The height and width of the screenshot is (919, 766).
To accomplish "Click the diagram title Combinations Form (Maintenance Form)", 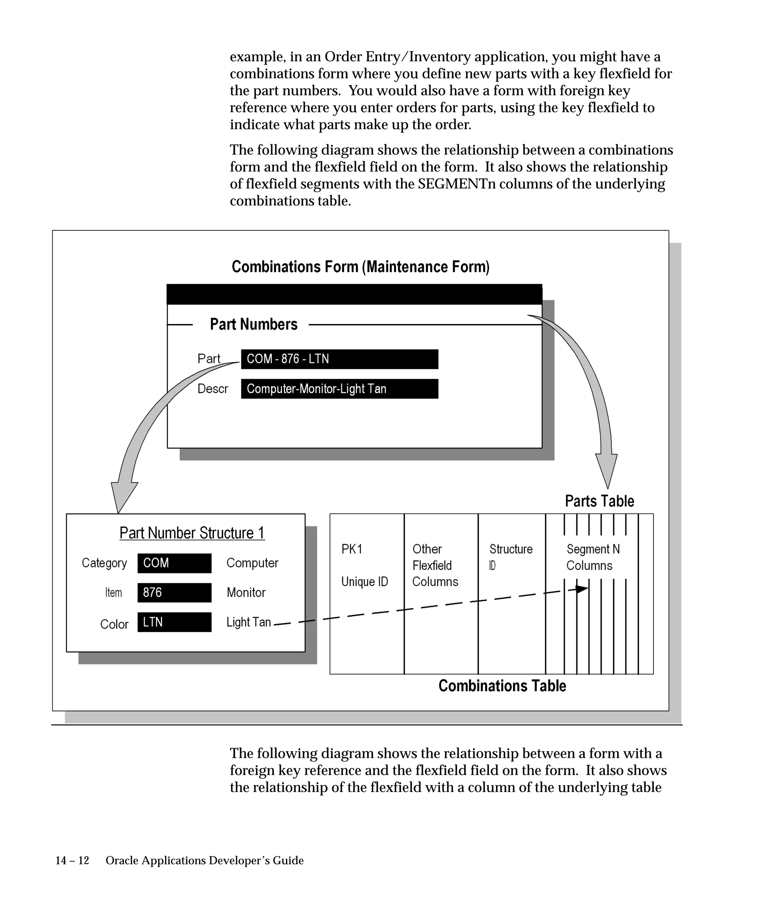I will pyautogui.click(x=360, y=267).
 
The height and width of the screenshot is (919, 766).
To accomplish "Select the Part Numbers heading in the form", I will pyautogui.click(x=254, y=324).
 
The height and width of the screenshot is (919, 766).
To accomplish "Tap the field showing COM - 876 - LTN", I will pyautogui.click(x=339, y=359).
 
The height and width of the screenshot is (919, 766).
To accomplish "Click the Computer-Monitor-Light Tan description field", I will pyautogui.click(x=339, y=388).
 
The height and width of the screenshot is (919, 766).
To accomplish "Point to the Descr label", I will pyautogui.click(x=213, y=388).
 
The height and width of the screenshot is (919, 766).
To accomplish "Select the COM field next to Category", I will pyautogui.click(x=174, y=563).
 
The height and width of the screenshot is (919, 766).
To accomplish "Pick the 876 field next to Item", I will pyautogui.click(x=174, y=592).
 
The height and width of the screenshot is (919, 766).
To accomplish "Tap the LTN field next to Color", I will pyautogui.click(x=174, y=622).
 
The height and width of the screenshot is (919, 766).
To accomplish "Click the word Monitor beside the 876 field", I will pyautogui.click(x=246, y=593).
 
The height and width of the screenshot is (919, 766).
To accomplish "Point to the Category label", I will pyautogui.click(x=104, y=563).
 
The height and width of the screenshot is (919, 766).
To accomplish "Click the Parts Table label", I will pyautogui.click(x=599, y=501).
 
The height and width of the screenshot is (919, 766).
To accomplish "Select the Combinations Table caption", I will pyautogui.click(x=502, y=685).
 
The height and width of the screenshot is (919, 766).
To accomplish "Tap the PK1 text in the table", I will pyautogui.click(x=352, y=549).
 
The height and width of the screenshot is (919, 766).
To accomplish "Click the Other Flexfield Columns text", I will pyautogui.click(x=435, y=565).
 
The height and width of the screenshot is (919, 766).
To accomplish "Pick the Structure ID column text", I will pyautogui.click(x=511, y=557).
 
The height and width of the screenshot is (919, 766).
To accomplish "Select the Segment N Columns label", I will pyautogui.click(x=593, y=557).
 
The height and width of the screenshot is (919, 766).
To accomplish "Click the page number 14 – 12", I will pyautogui.click(x=72, y=860).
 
